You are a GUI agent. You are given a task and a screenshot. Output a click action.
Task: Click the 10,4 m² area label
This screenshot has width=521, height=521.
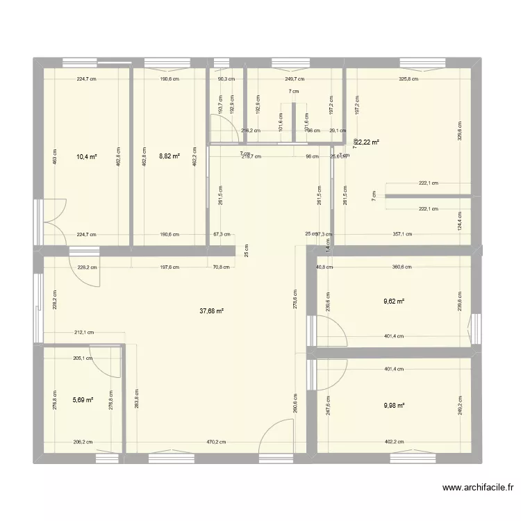click(87, 157)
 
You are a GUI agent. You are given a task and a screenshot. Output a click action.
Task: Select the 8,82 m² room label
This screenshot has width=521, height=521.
click(169, 157)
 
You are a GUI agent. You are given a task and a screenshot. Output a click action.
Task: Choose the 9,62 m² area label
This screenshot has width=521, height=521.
click(394, 301)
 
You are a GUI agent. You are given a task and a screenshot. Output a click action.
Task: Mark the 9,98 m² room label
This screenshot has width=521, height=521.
click(394, 406)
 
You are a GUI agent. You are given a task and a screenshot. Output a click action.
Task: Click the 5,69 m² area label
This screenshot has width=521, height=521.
click(83, 400)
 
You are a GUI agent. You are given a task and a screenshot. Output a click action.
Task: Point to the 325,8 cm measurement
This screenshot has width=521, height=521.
click(409, 79)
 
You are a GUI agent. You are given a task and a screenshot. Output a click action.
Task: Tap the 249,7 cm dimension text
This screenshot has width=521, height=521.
click(295, 79)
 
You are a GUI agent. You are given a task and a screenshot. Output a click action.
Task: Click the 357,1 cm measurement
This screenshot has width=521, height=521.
click(403, 235)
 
